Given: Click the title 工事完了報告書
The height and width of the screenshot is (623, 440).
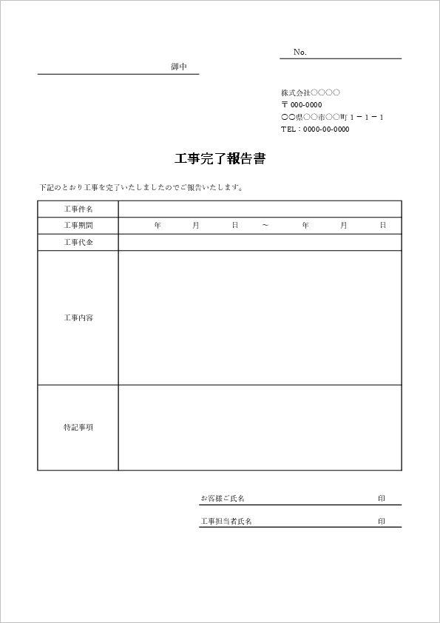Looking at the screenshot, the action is coord(220,158).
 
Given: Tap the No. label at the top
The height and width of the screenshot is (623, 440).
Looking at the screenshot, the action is coord(299,52).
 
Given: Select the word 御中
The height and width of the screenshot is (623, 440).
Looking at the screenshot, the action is coord(179,67).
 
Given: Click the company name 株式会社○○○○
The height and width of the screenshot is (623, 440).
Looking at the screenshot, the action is coord(310,92).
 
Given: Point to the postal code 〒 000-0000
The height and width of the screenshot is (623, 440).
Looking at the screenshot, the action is coord(301,105).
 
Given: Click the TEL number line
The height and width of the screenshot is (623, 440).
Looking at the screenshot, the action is coord(314,129).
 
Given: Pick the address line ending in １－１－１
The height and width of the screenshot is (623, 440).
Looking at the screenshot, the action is coord(332,117).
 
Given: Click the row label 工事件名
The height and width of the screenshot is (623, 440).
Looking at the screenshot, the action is coord(78,209).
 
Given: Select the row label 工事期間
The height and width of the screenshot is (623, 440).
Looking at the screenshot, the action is coord(78,225).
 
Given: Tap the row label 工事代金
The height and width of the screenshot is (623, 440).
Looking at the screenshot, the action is coord(78,242).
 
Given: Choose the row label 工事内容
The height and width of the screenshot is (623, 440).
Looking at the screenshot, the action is coord(78,317).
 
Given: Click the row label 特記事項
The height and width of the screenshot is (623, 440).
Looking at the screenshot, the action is coord(78,427).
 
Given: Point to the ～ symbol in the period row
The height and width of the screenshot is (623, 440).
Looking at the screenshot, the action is coord(265,225).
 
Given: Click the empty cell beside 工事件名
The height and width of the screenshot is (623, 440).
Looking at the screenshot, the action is coord(260,209).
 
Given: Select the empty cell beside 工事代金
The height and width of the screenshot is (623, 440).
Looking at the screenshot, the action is coord(260,242).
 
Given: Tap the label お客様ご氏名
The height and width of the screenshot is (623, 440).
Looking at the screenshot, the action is coord(223,498).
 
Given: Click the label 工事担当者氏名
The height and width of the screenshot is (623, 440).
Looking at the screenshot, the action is coord(226,521).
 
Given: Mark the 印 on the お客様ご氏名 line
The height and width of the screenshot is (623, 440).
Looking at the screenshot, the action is coord(382,498).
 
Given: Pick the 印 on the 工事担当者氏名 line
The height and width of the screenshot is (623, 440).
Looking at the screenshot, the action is coord(382,521).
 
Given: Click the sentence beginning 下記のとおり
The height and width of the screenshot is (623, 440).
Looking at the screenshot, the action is coord(141,187).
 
